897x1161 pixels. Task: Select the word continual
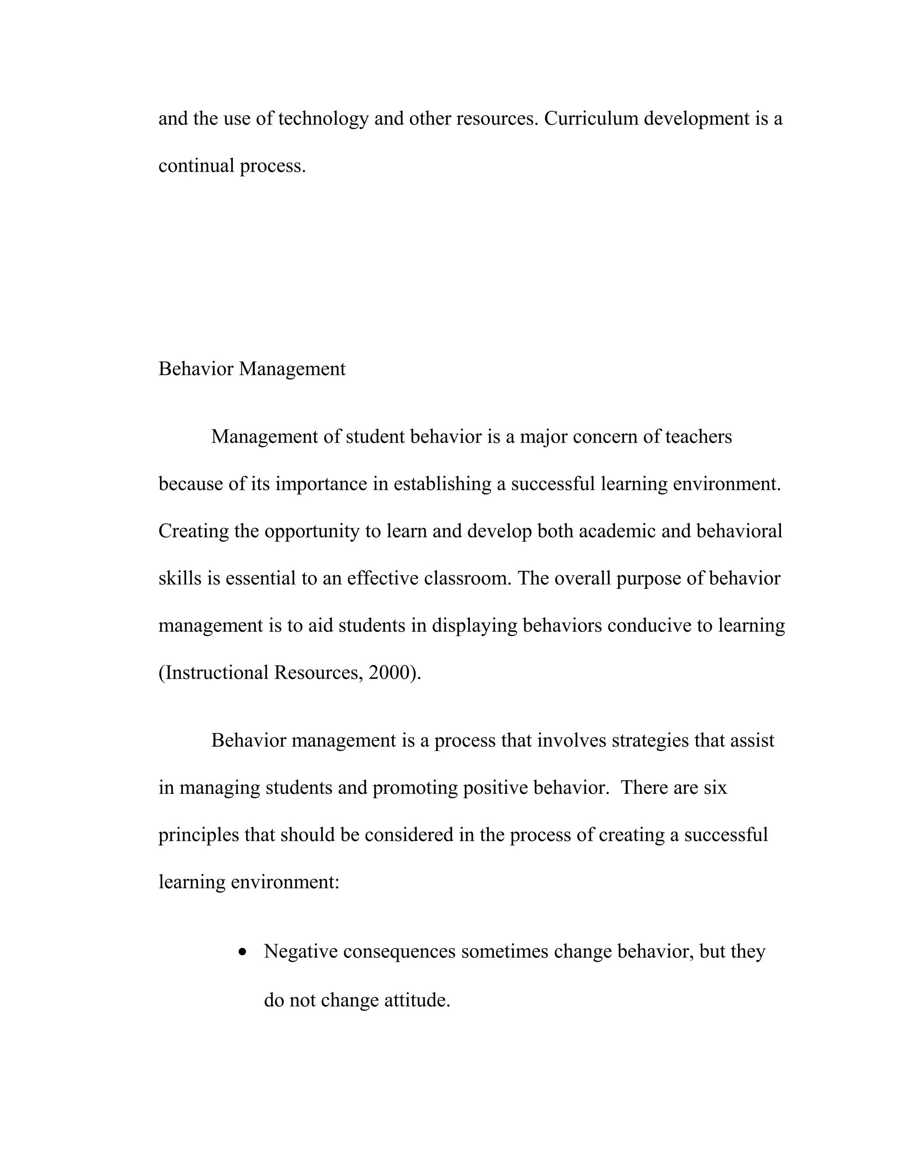tap(196, 166)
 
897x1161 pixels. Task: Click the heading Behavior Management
tap(252, 369)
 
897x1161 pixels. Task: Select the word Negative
tap(301, 952)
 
